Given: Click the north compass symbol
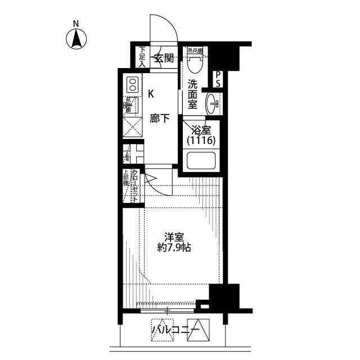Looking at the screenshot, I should pyautogui.click(x=75, y=38).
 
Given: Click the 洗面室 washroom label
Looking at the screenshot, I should pyautogui.click(x=192, y=94).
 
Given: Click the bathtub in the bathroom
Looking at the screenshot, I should pyautogui.click(x=201, y=161).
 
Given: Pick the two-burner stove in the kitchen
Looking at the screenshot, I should pyautogui.click(x=132, y=85).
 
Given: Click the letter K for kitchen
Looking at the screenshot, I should pyautogui.click(x=151, y=94).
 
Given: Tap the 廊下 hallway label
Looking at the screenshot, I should pyautogui.click(x=160, y=119).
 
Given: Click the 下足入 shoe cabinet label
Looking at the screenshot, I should pyautogui.click(x=142, y=57).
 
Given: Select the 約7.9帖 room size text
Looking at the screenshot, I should pyautogui.click(x=174, y=247).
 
